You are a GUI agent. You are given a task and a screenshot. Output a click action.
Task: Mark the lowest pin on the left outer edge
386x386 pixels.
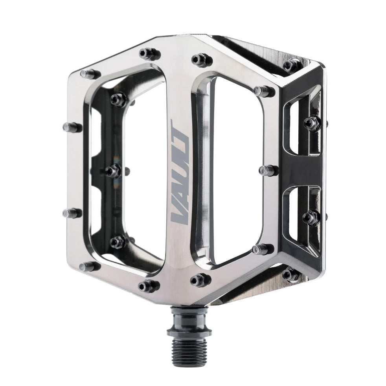click(x=88, y=266)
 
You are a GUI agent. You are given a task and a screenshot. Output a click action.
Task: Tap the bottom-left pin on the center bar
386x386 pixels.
click(x=149, y=285)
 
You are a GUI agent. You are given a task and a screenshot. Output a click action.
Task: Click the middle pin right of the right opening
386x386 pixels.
click(x=268, y=170)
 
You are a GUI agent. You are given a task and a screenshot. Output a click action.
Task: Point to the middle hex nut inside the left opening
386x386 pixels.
click(x=112, y=171)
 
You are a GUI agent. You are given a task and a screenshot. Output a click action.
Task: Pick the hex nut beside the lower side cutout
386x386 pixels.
click(x=312, y=217)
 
